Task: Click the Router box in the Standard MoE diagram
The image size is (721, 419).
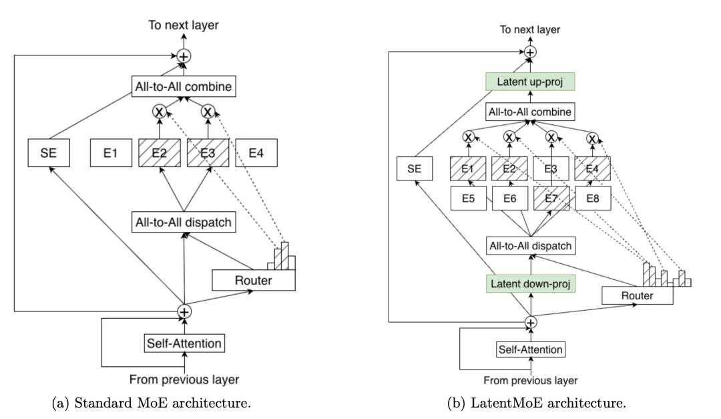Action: [x=254, y=280]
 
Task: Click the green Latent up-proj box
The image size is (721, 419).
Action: [x=529, y=83]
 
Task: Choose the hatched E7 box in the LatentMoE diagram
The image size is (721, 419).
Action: [x=552, y=198]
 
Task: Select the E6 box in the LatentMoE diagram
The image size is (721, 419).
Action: [x=509, y=198]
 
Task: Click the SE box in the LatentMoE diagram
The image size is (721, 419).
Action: [x=414, y=170]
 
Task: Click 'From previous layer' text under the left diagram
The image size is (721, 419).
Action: [x=184, y=380]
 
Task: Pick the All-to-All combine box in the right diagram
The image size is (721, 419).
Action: [x=530, y=112]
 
